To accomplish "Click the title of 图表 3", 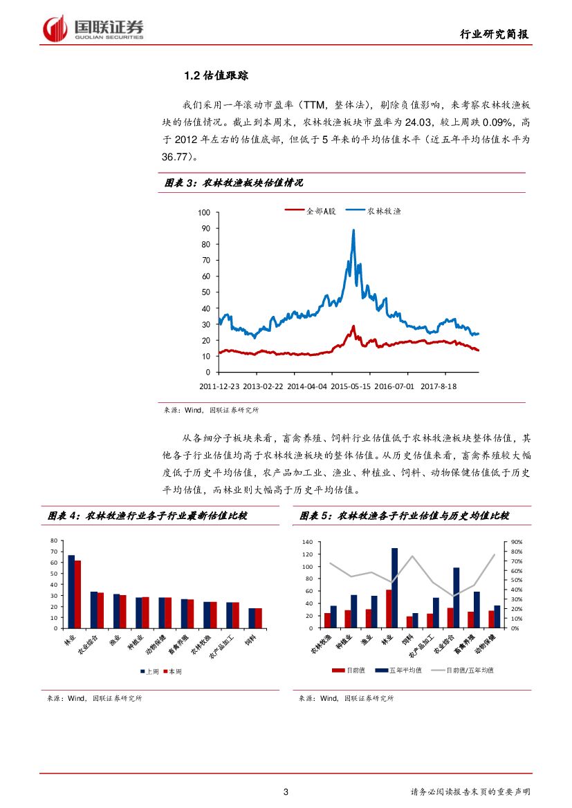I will tap(234, 182).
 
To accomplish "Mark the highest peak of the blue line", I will tap(353, 230).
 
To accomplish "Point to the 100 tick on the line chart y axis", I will tap(203, 212).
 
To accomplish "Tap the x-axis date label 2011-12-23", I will tap(220, 386).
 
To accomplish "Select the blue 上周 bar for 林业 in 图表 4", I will tap(71, 592).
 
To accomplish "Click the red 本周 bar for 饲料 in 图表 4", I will tap(259, 618).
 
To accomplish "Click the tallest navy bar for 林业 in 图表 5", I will tap(394, 588).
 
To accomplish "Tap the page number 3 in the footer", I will tap(286, 792).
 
